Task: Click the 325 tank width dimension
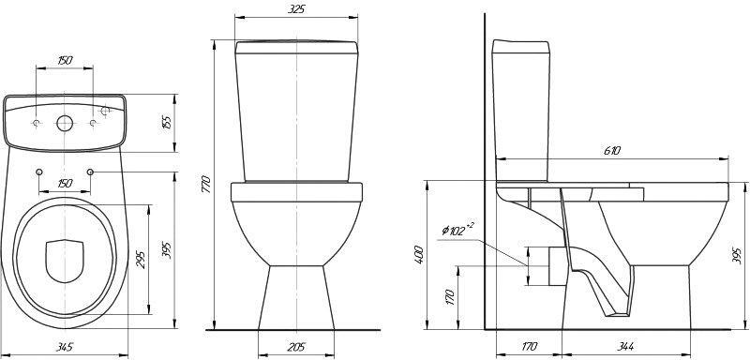[x=296, y=9]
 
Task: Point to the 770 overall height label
[x=206, y=184]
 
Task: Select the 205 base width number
[x=296, y=347]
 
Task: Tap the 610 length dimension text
[x=612, y=151]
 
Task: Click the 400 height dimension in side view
[x=418, y=256]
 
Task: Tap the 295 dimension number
[x=142, y=259]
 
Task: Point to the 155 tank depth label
[x=167, y=123]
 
